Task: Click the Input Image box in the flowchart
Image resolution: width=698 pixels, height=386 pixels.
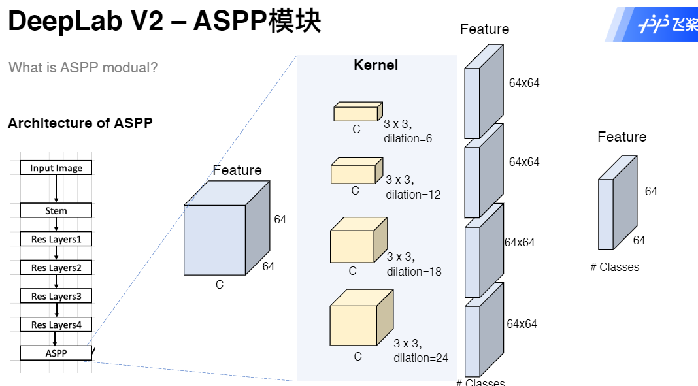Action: click(x=56, y=168)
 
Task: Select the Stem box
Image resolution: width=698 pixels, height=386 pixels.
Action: click(x=56, y=210)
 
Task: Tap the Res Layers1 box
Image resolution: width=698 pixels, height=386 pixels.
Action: click(x=56, y=239)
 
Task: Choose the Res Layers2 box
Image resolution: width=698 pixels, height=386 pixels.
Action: click(x=56, y=268)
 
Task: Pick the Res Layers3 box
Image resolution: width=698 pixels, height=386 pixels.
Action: click(x=56, y=296)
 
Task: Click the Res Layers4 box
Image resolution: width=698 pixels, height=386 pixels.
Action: click(x=56, y=325)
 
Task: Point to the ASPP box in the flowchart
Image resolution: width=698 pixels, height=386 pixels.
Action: click(x=56, y=353)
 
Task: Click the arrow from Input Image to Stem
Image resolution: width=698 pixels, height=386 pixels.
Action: click(x=56, y=189)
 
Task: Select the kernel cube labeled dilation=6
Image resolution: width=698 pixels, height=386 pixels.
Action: click(x=357, y=112)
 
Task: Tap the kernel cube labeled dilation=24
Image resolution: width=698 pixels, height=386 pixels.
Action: click(x=360, y=319)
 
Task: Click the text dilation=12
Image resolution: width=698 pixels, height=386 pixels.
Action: click(x=413, y=195)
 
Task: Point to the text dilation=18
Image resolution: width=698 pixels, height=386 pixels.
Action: click(x=414, y=272)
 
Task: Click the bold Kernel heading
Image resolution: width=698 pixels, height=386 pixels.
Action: click(x=376, y=65)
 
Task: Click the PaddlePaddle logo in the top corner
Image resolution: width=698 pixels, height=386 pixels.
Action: click(x=660, y=25)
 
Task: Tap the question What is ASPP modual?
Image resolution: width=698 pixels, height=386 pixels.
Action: click(x=83, y=67)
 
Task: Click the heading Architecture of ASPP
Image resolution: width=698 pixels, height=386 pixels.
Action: click(x=80, y=123)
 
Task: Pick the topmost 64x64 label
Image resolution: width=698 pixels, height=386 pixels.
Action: click(x=524, y=83)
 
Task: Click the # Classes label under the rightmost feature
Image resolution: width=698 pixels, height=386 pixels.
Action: click(x=614, y=266)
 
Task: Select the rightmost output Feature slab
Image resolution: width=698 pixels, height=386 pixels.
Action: click(x=616, y=204)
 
